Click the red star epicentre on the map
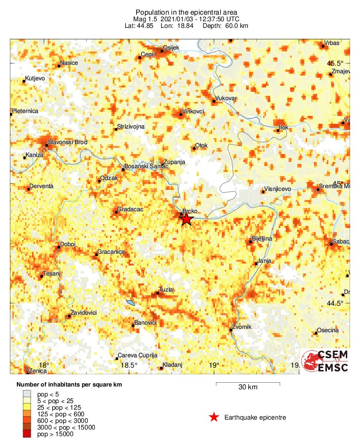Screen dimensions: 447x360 pyautogui.click(x=187, y=219)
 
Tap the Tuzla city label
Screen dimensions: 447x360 pyautogui.click(x=166, y=289)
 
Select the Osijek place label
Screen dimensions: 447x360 pyautogui.click(x=169, y=47)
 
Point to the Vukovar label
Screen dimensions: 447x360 pyautogui.click(x=225, y=98)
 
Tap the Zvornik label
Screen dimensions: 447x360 pyautogui.click(x=241, y=327)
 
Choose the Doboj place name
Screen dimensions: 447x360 pyautogui.click(x=67, y=244)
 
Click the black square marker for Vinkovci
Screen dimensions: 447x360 pyautogui.click(x=180, y=114)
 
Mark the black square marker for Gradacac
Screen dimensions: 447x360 pyautogui.click(x=116, y=212)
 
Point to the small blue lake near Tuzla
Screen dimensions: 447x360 pyautogui.click(x=130, y=302)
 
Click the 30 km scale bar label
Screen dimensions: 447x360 pyautogui.click(x=248, y=387)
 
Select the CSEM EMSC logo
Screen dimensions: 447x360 pyautogui.click(x=326, y=361)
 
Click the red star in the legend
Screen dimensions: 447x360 pyautogui.click(x=214, y=417)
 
